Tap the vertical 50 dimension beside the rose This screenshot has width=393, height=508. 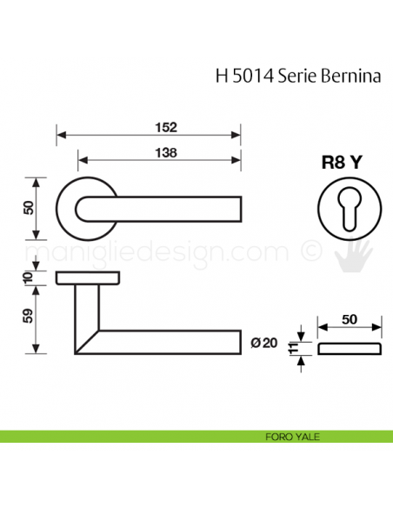tap(28, 208)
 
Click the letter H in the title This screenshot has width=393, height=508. tap(219, 76)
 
